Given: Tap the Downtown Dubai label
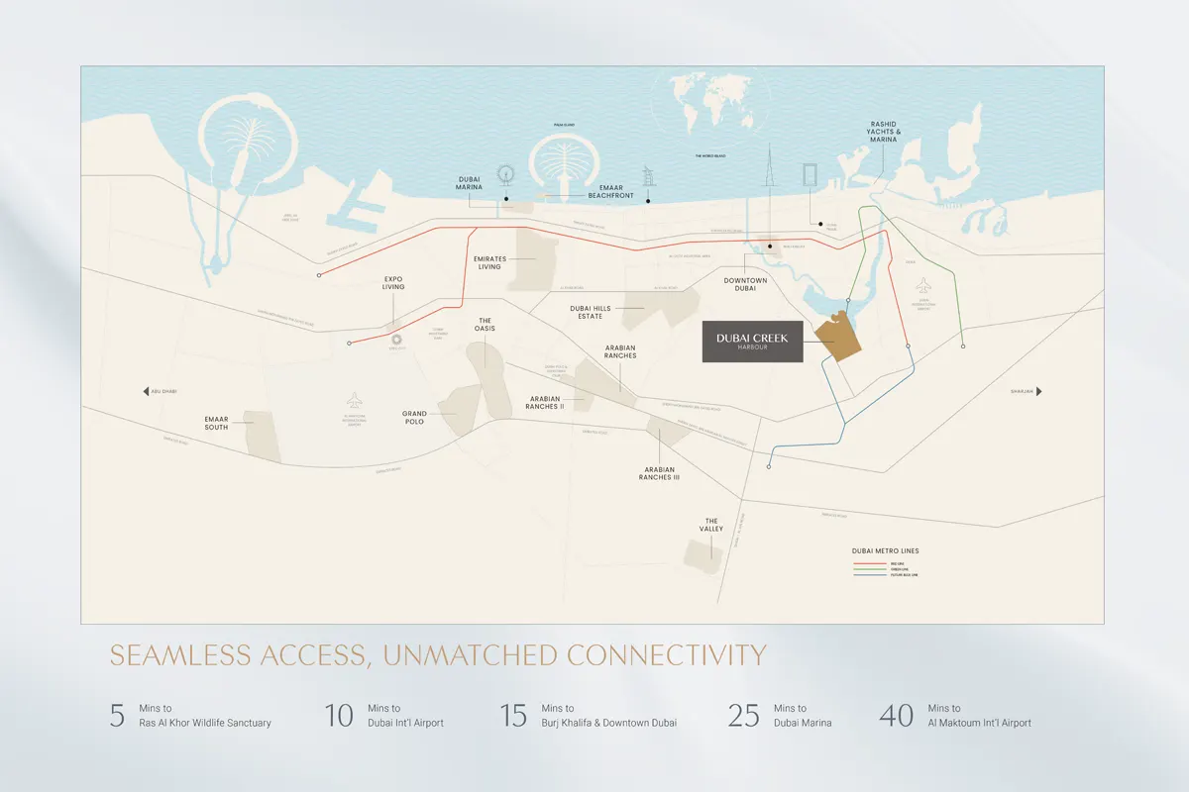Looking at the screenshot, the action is coord(744,285).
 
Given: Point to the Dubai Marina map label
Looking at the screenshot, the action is coord(469,187).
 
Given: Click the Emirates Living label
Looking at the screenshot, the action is coord(490,262).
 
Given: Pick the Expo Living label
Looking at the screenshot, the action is coord(393,283).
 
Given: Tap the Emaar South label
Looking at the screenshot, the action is coord(216,423).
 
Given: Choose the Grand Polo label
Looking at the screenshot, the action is coord(414,418).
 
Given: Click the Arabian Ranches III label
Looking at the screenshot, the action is coord(660,473).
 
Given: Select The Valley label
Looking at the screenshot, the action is coord(711,525).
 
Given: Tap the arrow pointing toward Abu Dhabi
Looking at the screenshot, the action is coord(146,391).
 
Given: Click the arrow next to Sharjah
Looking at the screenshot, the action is coord(1038,391).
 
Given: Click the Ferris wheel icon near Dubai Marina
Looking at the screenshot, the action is coord(506,174).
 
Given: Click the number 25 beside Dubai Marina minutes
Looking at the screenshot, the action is coord(745,716).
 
